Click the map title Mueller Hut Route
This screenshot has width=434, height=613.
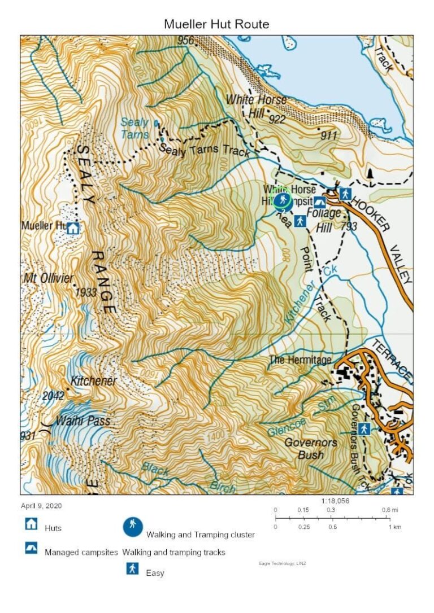coord(216,24)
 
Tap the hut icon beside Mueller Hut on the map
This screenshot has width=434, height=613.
coord(73,228)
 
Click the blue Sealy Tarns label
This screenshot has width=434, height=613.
coord(134,128)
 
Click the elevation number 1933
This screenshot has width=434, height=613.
coord(85,292)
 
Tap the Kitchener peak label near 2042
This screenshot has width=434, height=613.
coord(93,381)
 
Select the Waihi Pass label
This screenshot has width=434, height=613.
coord(83,421)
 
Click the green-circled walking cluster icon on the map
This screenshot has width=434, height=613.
coord(282,200)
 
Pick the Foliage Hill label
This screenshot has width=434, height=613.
coord(324,220)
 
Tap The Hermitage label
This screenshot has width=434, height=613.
coord(300,360)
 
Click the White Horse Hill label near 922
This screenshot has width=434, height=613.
coord(256,106)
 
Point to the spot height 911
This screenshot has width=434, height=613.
coord(328,135)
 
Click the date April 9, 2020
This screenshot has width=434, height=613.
coord(41,506)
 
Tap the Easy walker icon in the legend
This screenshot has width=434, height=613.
coord(133,568)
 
